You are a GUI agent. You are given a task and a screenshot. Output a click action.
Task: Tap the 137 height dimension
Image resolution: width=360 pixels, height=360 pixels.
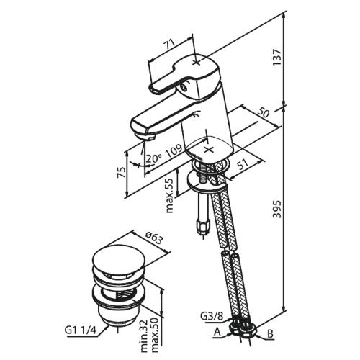(x=277, y=58)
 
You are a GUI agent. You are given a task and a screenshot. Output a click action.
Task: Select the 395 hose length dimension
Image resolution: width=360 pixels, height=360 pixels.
(x=277, y=209)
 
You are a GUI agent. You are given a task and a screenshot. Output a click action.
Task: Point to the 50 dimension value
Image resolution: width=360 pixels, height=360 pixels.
(x=264, y=112)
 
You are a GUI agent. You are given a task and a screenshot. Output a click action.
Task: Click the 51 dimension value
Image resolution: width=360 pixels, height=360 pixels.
(x=243, y=165)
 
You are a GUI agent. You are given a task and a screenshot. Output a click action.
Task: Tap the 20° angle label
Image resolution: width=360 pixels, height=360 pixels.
(x=153, y=158)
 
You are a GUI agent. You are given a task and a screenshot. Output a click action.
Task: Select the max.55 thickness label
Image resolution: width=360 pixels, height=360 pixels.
(x=169, y=196)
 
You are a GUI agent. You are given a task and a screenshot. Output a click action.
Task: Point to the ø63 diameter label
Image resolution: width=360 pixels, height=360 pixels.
(x=154, y=238)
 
